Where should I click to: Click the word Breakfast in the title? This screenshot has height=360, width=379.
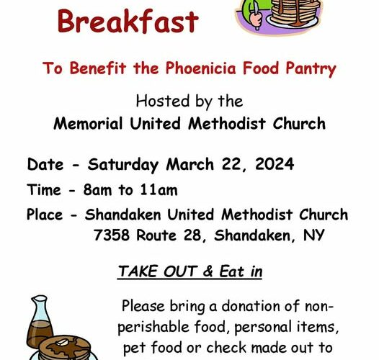128,22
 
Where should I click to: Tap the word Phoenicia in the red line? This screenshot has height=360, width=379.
200,68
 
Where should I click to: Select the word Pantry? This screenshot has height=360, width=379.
311,69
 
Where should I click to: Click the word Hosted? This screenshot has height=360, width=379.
163,101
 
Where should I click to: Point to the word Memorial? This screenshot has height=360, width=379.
88,123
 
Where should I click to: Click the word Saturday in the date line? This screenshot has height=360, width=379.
123,165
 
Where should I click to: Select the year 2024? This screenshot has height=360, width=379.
275,164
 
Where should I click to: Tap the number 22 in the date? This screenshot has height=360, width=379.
232,165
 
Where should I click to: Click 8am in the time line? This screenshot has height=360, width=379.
98,189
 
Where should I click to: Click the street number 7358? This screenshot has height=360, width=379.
112,235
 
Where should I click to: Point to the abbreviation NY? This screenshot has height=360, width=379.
313,235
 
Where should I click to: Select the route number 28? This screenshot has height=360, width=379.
193,235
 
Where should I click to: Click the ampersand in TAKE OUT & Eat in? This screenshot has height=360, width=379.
208,271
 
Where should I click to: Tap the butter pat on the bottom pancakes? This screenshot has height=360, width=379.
62,343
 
